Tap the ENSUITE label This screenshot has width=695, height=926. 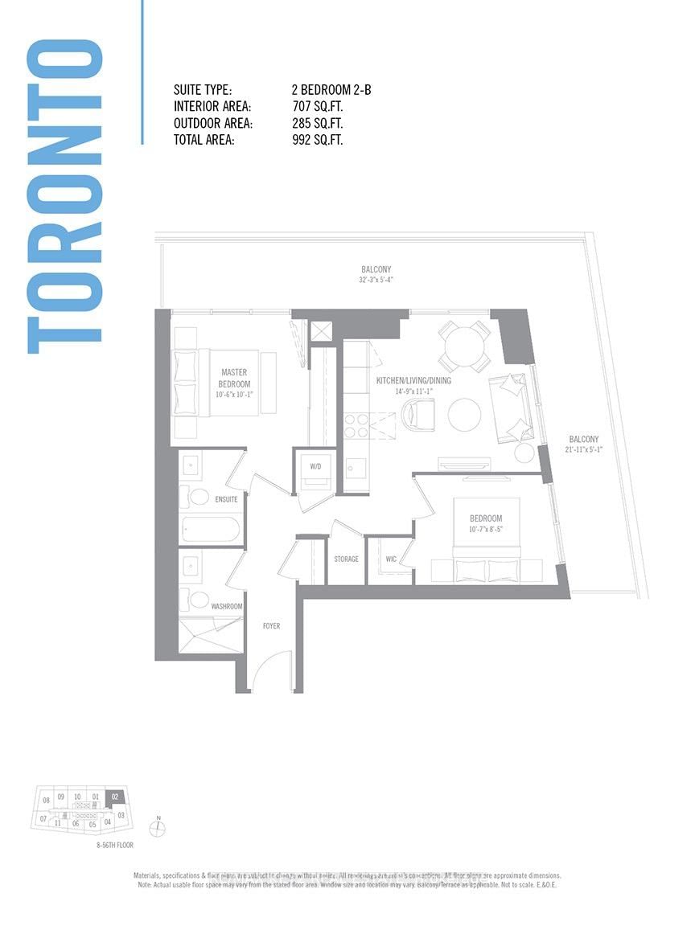click(x=226, y=499)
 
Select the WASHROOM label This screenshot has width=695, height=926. click(x=226, y=606)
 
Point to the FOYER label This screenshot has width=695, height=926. click(x=271, y=625)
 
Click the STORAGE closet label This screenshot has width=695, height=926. click(x=346, y=559)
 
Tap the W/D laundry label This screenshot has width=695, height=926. click(x=315, y=466)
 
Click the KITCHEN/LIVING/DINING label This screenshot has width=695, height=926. click(x=413, y=381)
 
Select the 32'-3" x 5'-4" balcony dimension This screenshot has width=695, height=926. click(x=376, y=281)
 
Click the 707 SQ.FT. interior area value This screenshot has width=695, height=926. click(x=317, y=107)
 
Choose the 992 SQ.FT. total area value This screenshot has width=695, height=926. click(x=317, y=141)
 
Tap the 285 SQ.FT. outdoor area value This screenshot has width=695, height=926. click(x=317, y=124)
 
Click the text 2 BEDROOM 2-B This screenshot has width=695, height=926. click(x=331, y=90)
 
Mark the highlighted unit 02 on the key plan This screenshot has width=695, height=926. click(x=115, y=797)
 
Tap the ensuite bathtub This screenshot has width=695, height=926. click(x=211, y=529)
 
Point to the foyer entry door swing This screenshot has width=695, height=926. click(x=271, y=671)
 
